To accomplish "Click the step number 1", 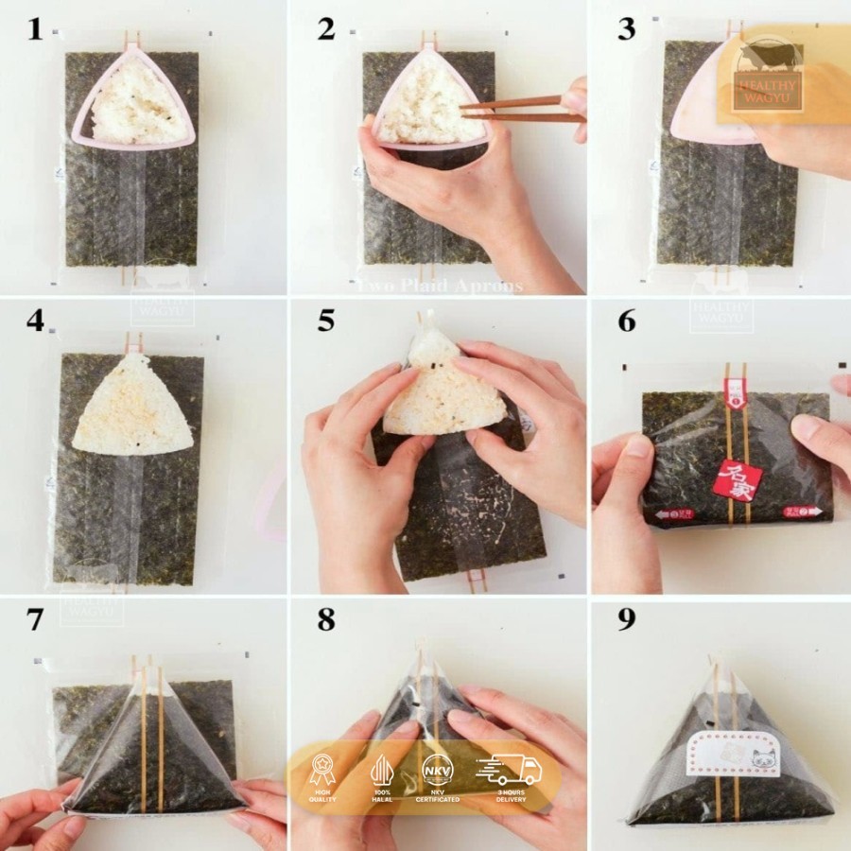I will point(34,29).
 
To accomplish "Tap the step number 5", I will point(326,321).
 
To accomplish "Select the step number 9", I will point(626,620).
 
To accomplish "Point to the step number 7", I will point(34,620).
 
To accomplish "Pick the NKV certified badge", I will point(436,770).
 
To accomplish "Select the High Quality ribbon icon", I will point(322,770).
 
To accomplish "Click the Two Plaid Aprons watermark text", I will point(441,286).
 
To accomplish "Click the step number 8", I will point(326,620).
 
